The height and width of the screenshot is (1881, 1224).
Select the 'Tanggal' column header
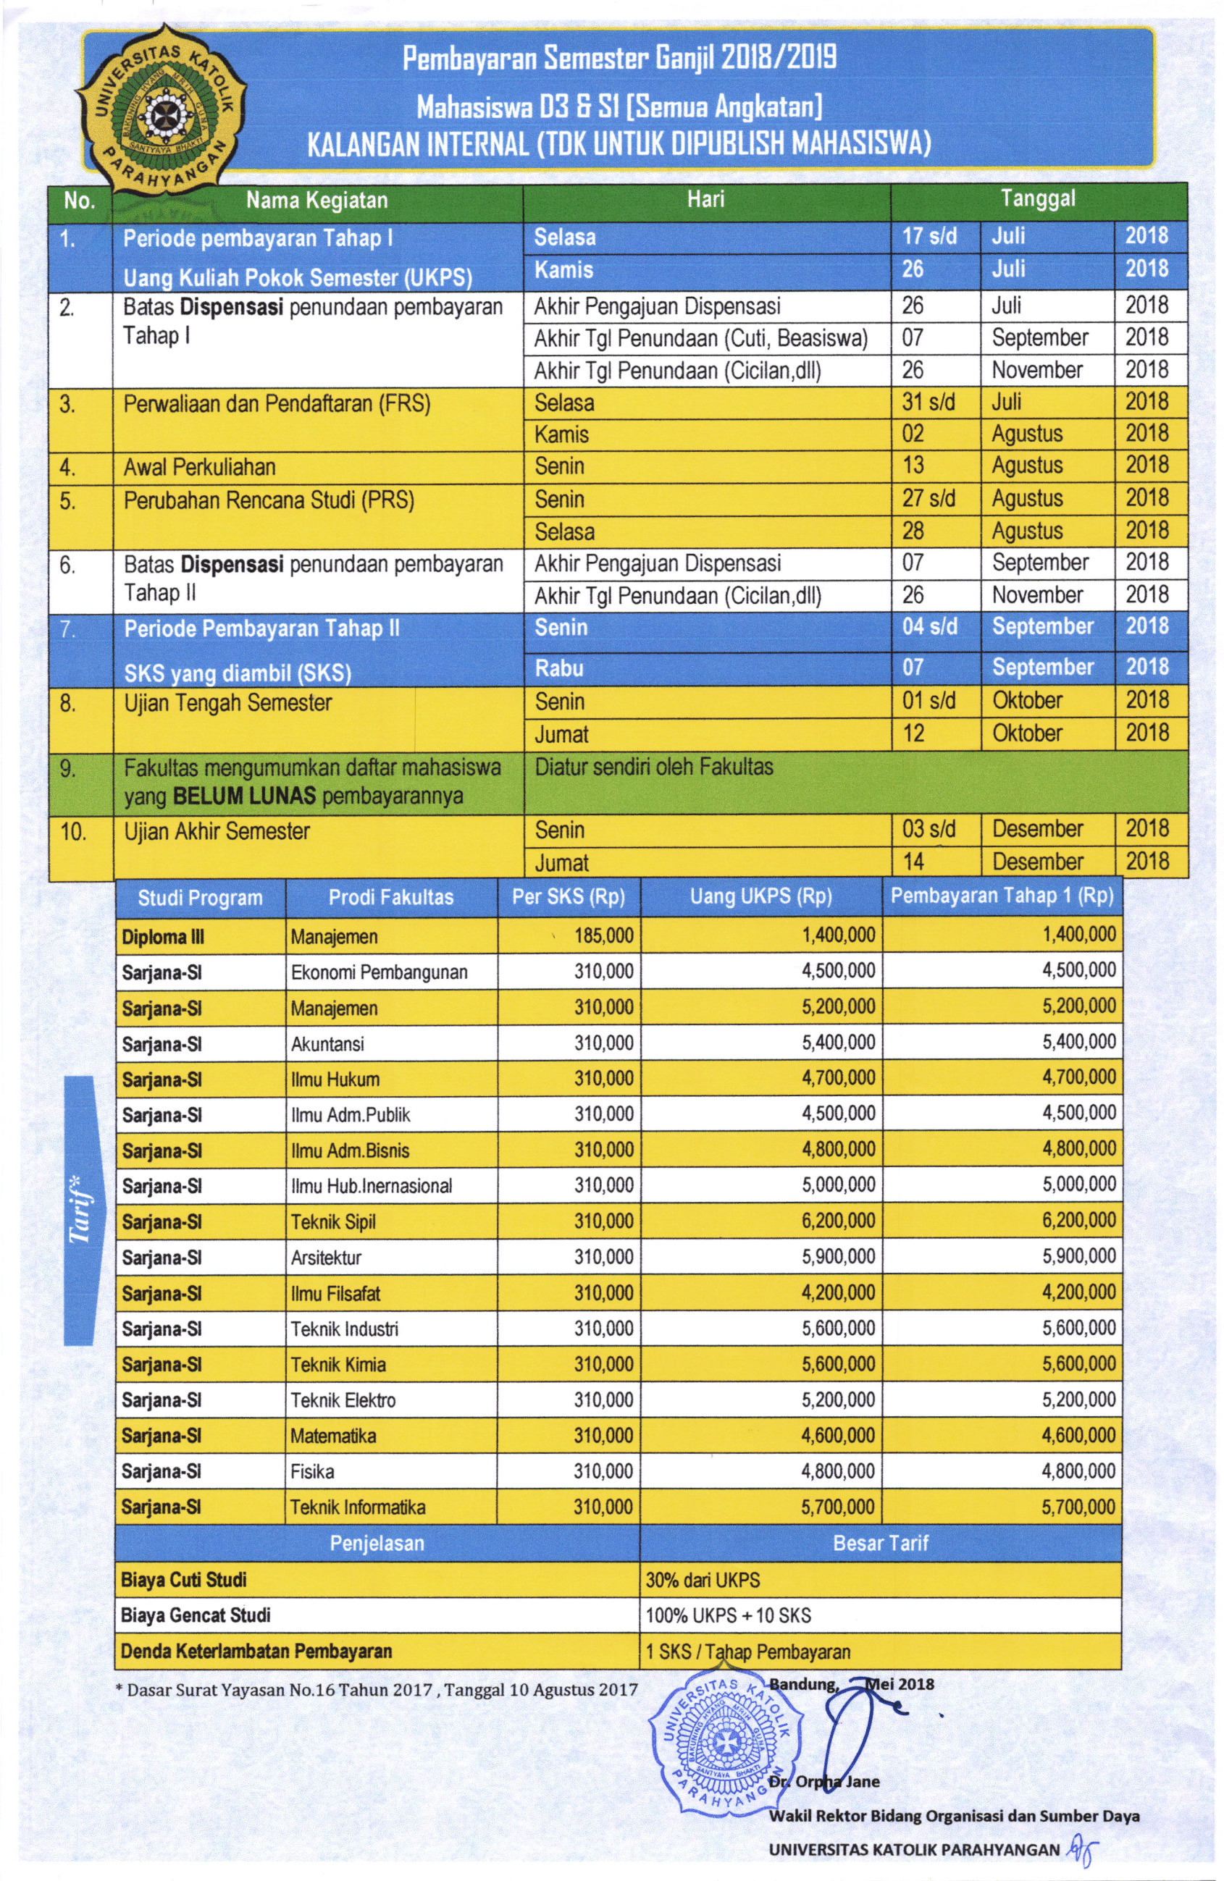[1037, 199]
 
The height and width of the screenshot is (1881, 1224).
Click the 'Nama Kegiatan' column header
[317, 201]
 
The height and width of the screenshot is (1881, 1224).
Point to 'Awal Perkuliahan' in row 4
[199, 467]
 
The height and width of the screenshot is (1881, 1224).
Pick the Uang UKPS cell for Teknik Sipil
[838, 1221]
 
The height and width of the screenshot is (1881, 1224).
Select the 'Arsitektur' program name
[326, 1258]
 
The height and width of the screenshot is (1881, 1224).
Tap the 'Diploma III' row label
[163, 938]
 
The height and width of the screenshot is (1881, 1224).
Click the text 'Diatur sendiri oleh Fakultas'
[654, 767]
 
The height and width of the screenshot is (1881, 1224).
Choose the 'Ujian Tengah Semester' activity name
[227, 702]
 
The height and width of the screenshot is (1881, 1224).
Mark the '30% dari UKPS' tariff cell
[703, 1581]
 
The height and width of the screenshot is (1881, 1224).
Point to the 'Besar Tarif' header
[880, 1544]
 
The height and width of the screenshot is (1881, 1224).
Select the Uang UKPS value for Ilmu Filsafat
[838, 1293]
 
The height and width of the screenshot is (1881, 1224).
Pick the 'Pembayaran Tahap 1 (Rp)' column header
[1002, 896]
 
